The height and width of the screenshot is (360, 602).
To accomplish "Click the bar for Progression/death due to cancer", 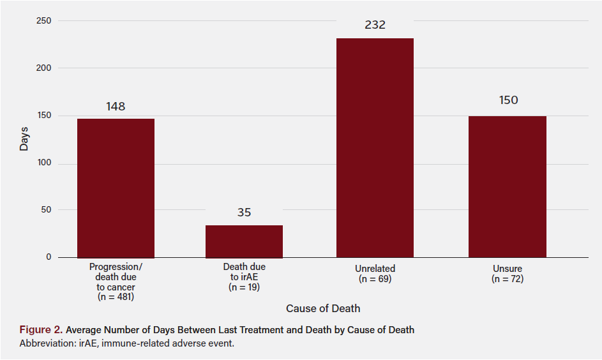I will tap(116, 188).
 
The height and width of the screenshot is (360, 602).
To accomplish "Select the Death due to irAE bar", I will tap(244, 241).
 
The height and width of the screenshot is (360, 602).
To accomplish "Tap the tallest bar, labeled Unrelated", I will tap(375, 148).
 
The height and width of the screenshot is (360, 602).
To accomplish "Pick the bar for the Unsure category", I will tap(507, 186).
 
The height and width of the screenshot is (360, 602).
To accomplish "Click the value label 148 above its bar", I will tap(116, 107).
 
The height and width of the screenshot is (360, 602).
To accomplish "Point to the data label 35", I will tap(244, 213).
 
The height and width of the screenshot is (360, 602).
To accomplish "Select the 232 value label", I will tap(375, 26).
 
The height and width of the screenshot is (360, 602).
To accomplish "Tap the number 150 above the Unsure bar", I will tap(508, 100).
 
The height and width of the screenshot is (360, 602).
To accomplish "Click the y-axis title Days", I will tap(24, 139).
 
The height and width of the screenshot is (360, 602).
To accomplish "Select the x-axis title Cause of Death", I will tap(323, 309).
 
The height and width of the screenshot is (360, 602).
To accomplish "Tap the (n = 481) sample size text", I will tap(116, 297).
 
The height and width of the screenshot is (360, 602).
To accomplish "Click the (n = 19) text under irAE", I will tap(244, 287).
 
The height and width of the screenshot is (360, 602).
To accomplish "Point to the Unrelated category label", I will tap(375, 269).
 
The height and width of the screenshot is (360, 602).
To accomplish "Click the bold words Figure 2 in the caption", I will tap(40, 330).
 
